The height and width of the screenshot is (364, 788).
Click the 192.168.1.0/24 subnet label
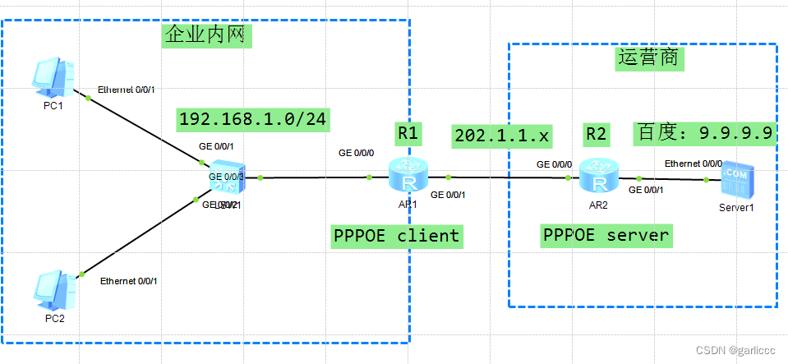(253, 119)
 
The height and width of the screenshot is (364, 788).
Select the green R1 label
(408, 132)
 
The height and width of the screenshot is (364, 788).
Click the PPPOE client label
(396, 236)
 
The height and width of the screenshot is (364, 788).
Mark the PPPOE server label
(606, 235)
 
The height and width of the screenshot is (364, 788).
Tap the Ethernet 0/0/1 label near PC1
(127, 89)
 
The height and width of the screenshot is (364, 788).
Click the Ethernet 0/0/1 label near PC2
(129, 281)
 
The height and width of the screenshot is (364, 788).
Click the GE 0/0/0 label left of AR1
(357, 153)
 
